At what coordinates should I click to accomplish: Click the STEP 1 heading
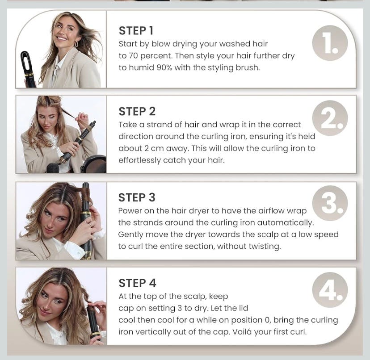pos(136,31)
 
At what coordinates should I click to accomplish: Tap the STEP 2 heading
pos(137,112)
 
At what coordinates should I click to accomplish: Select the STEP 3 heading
pos(137,198)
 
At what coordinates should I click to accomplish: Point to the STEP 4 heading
pos(137,283)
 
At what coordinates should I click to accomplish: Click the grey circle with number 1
pos(330,43)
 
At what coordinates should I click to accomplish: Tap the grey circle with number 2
pos(330,118)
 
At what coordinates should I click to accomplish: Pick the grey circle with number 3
pos(330,203)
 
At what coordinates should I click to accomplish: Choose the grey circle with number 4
pos(330,290)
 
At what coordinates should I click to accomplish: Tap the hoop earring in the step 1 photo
pos(76,44)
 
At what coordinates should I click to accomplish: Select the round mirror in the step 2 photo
pos(94,164)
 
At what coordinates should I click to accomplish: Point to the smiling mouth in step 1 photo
pos(62,38)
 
